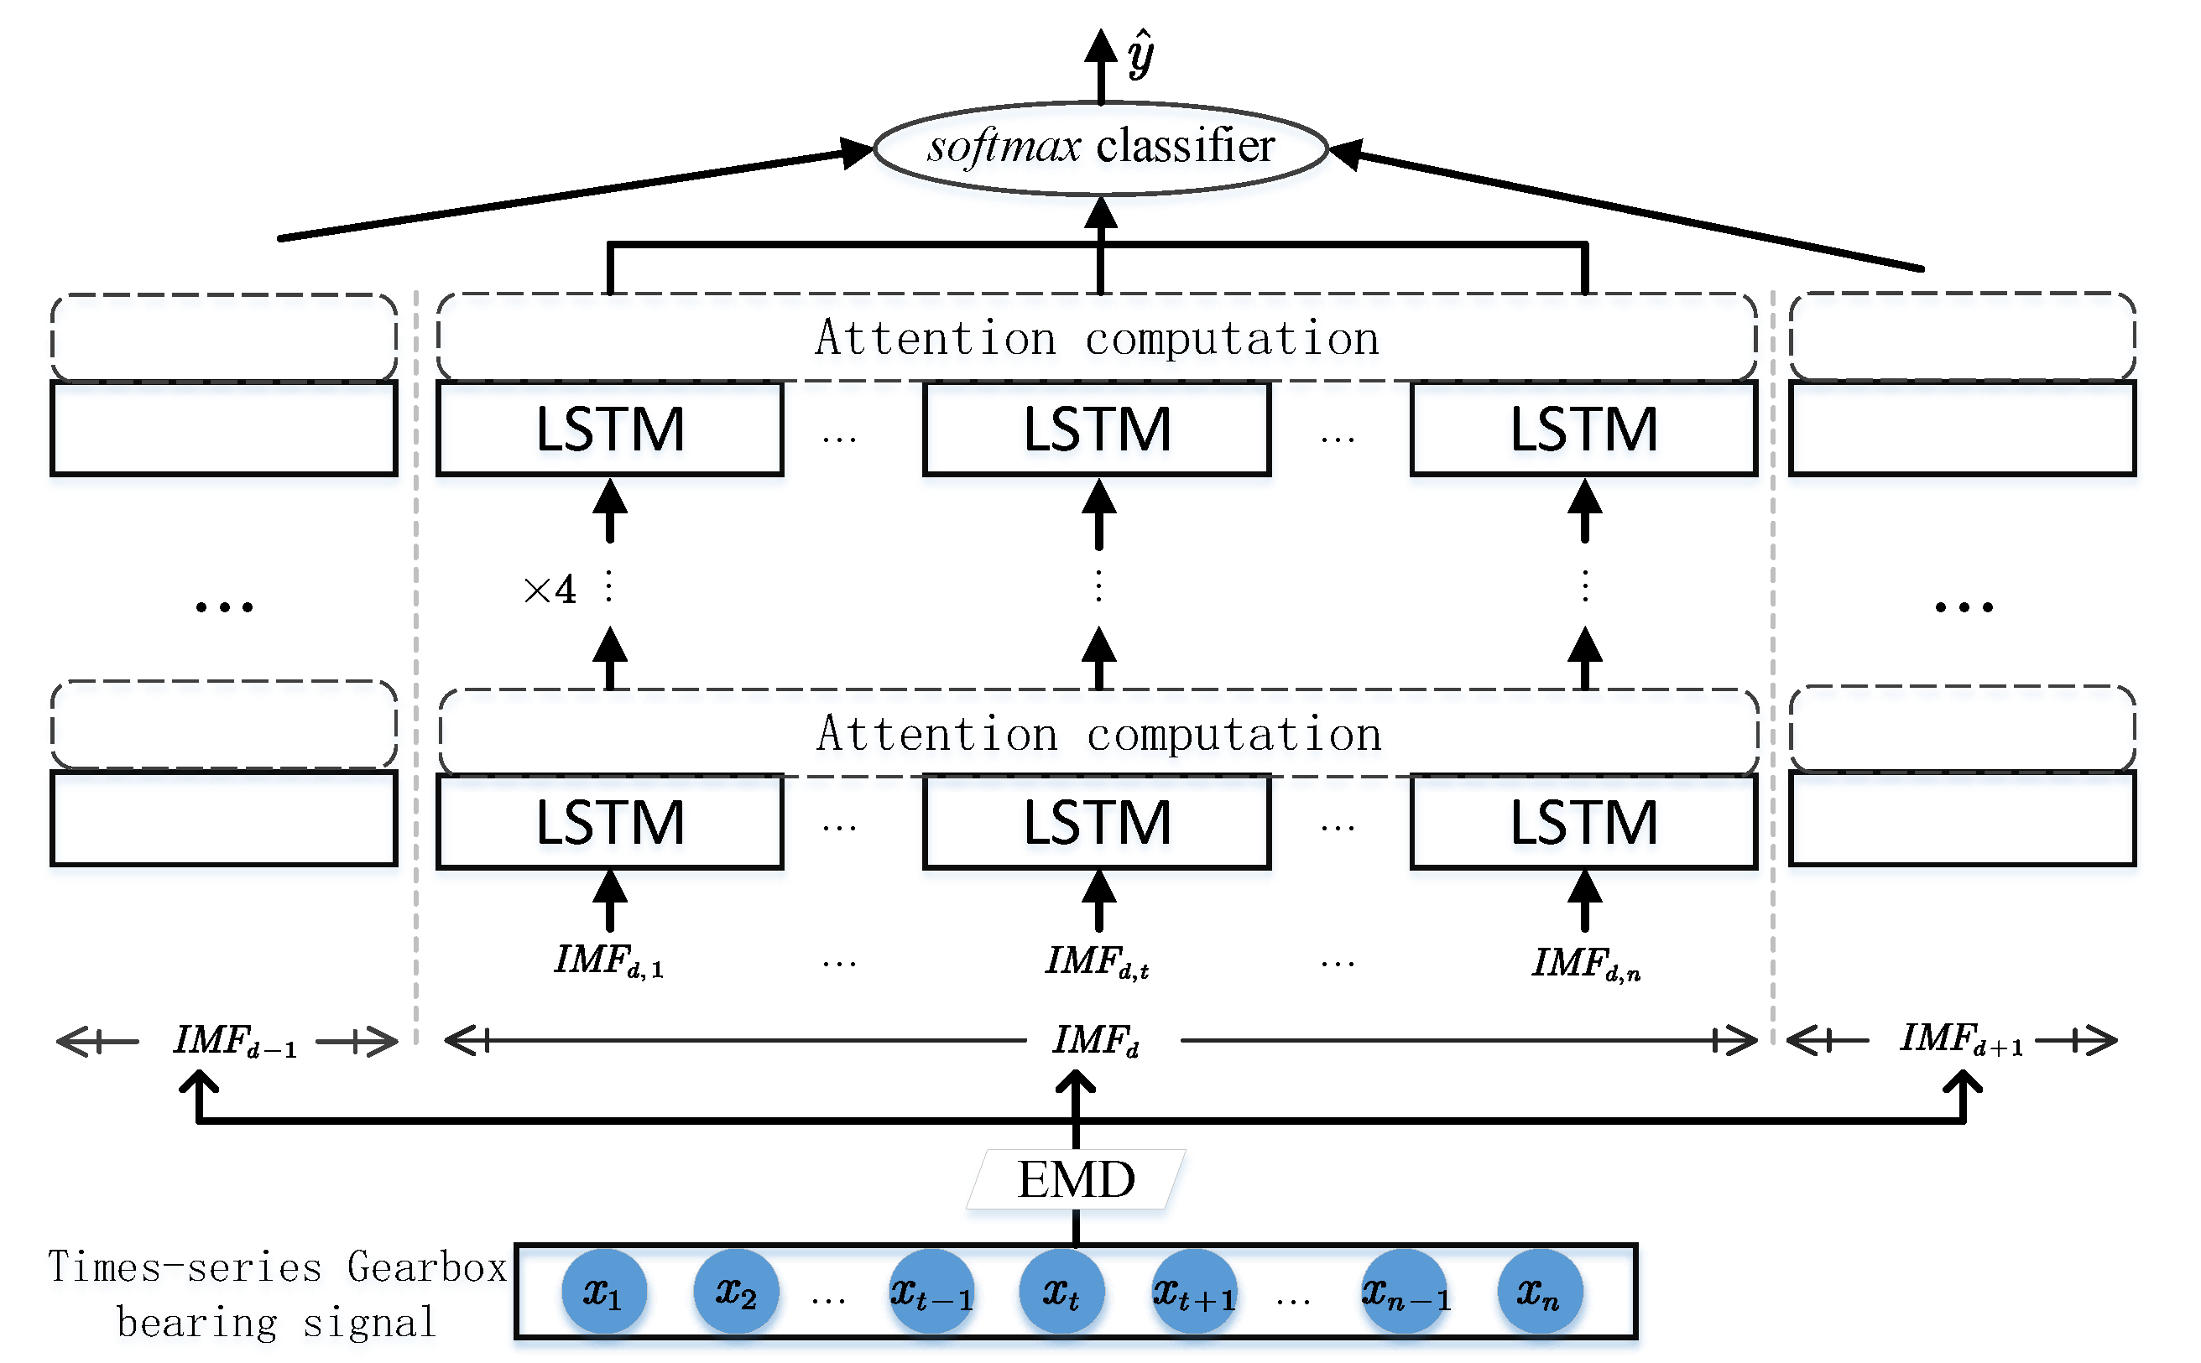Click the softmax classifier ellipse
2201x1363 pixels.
[1100, 148]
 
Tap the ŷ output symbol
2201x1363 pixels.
[1140, 54]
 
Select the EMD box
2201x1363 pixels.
[1076, 1179]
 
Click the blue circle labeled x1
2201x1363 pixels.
[603, 1292]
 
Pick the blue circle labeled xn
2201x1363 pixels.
[1539, 1292]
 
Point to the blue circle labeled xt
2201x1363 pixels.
[1061, 1292]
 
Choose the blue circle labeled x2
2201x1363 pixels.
[736, 1292]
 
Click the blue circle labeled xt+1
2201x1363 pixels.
[1195, 1292]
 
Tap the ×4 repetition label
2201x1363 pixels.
[550, 590]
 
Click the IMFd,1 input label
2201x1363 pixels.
[609, 961]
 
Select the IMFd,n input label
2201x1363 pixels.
[1586, 964]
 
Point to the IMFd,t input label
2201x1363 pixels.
[1098, 962]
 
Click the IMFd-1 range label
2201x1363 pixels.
[235, 1041]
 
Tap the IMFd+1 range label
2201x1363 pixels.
[1962, 1039]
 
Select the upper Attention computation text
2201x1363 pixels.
[1098, 339]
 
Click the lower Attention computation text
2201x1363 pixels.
[1099, 735]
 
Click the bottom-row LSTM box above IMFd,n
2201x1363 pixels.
[1583, 822]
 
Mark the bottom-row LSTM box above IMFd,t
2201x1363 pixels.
[1097, 822]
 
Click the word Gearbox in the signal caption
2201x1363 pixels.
[427, 1267]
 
